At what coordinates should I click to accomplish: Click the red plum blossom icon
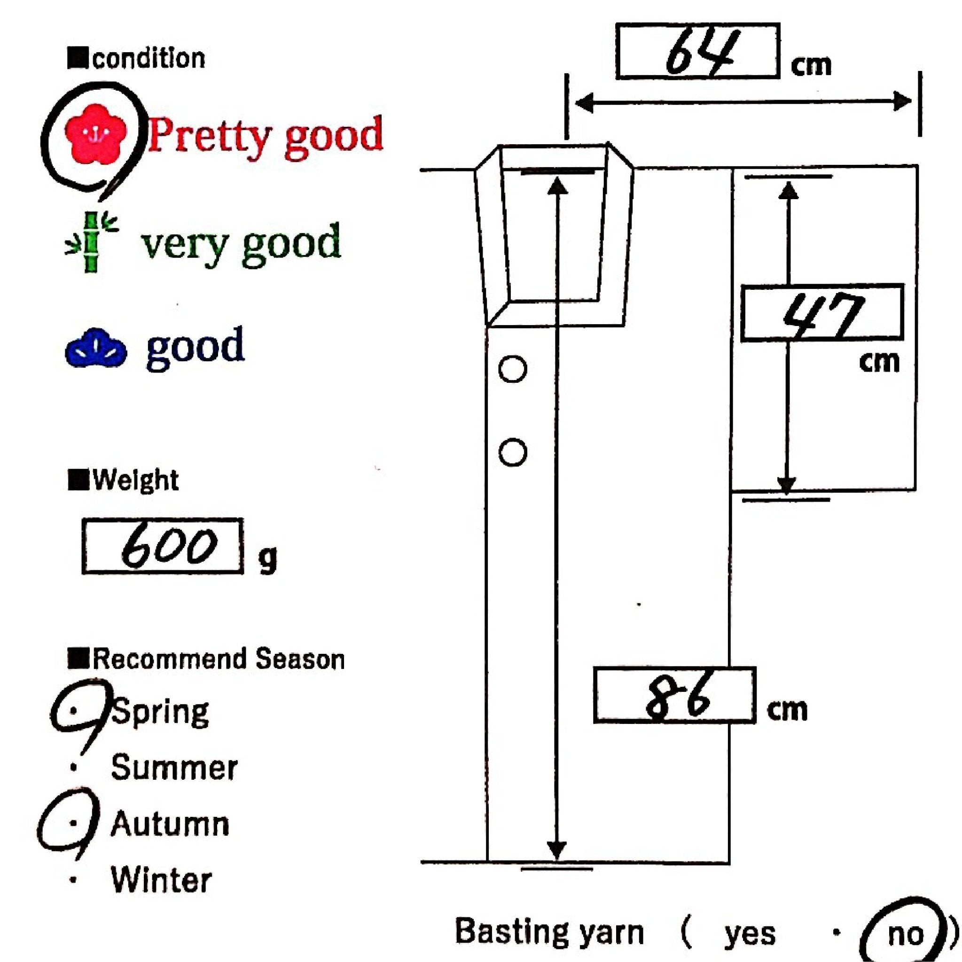(x=96, y=133)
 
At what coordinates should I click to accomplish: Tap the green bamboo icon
(x=91, y=242)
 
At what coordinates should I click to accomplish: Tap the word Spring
(x=159, y=712)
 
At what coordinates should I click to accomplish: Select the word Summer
(x=174, y=768)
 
